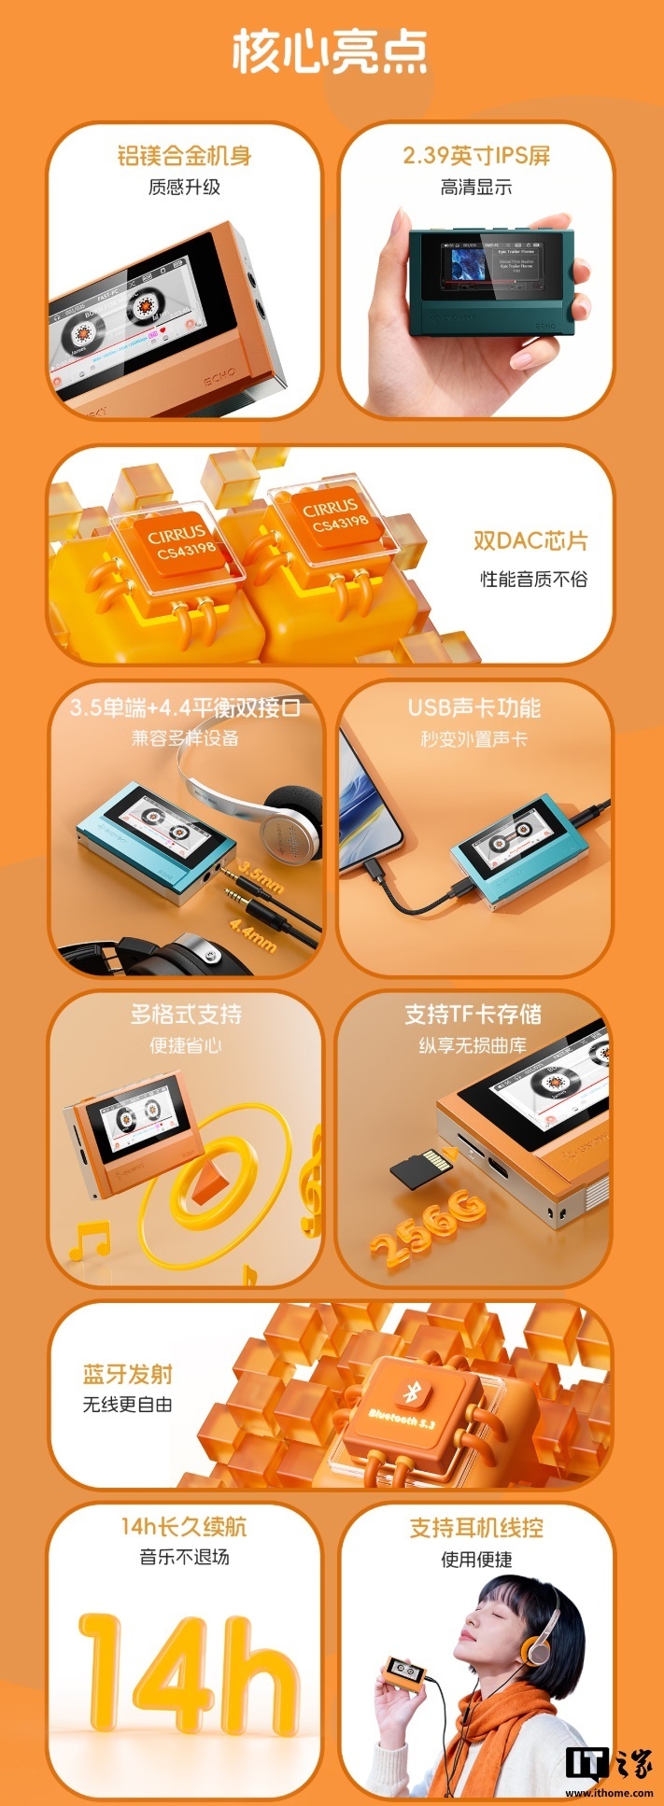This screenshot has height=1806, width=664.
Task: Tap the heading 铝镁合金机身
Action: tap(184, 156)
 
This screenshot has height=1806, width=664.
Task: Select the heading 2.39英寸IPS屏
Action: tap(476, 156)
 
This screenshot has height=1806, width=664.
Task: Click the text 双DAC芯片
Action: tap(530, 541)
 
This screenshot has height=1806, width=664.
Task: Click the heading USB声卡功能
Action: tap(473, 707)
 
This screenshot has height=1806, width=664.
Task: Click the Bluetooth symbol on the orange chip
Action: tap(409, 1392)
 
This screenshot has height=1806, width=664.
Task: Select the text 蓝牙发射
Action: tap(128, 1374)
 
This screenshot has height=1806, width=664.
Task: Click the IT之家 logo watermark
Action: tap(609, 1764)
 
